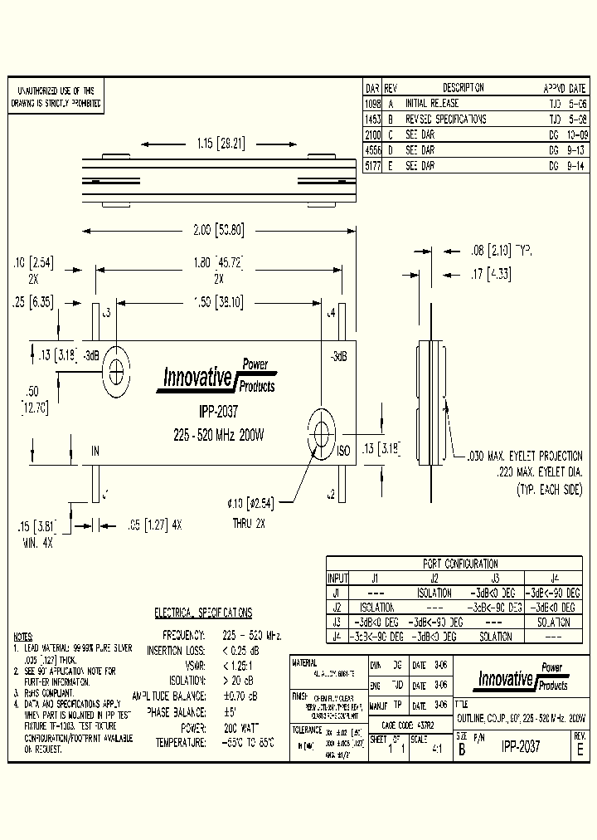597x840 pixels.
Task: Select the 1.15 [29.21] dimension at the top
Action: click(220, 143)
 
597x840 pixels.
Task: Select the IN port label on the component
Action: click(95, 451)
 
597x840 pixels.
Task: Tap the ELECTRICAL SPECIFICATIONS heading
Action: click(203, 613)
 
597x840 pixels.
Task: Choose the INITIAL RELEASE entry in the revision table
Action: click(431, 104)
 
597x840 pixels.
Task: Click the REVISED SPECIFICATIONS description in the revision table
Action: click(445, 120)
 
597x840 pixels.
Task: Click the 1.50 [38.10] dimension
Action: click(219, 304)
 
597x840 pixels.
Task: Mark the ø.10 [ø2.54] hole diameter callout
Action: click(250, 501)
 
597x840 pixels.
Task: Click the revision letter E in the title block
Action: click(580, 747)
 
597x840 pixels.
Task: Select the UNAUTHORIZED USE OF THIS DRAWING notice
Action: click(56, 98)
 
